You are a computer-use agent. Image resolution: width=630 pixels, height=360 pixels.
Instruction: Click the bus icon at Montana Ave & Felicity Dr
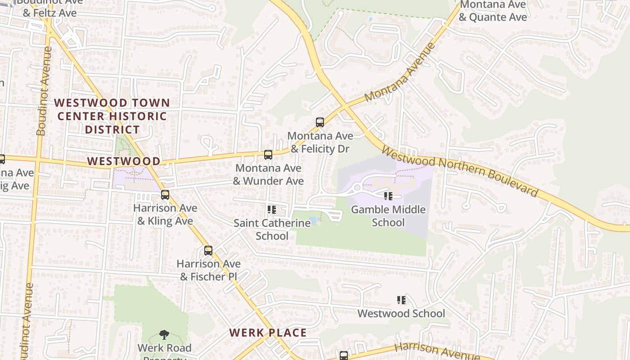pos(320,122)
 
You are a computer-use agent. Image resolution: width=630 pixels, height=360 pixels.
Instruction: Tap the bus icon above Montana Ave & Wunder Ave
pos(268,155)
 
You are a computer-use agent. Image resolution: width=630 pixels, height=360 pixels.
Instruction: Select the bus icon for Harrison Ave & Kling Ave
pos(165,195)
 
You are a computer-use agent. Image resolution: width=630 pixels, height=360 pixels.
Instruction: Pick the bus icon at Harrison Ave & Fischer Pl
pos(208,251)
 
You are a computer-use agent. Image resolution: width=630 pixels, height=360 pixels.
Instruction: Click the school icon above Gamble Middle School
pos(388,196)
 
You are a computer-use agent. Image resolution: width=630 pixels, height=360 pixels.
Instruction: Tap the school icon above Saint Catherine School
pos(271,210)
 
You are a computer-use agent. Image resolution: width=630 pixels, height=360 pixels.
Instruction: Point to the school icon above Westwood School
pos(401,300)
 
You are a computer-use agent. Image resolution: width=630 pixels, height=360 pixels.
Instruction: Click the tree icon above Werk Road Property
pos(164,335)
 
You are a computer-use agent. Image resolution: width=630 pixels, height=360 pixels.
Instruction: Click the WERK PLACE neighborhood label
pos(268,333)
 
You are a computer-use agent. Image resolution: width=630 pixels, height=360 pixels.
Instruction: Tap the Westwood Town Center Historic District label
pos(112,116)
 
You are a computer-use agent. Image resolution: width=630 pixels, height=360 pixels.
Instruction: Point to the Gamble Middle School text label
pos(388,216)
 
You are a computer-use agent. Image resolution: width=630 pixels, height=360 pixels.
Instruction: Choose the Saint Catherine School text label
pos(272,229)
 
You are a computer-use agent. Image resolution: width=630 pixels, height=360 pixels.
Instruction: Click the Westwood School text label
pos(401,314)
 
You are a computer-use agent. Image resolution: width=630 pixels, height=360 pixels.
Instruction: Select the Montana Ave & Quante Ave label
pos(492,11)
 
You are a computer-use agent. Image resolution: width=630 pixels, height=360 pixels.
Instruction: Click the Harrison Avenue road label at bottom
pos(436,351)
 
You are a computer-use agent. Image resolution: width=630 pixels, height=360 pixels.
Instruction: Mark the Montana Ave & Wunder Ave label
pos(268,175)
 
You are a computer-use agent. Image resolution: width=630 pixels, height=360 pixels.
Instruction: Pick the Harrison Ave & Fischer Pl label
pos(208,270)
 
